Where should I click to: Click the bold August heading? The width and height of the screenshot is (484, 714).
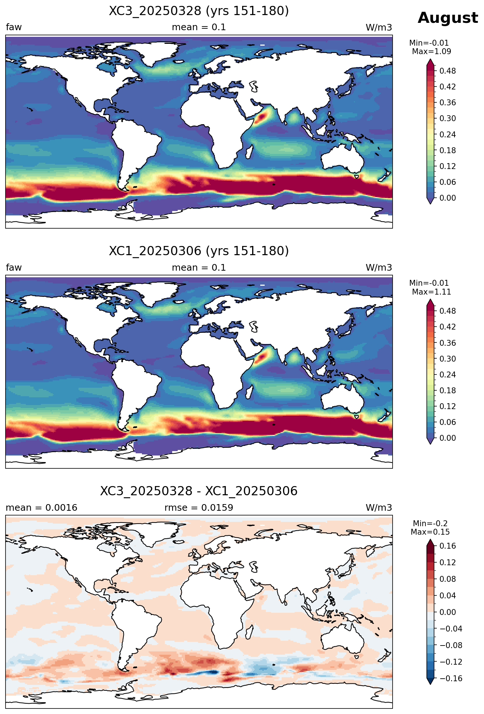[448, 18]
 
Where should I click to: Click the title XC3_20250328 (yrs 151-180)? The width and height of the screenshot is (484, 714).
[199, 11]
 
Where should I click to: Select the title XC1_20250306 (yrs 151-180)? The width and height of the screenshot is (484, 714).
[199, 251]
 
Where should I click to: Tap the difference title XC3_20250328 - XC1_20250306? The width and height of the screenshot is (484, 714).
[199, 491]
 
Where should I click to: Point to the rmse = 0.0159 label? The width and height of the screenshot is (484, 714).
[199, 508]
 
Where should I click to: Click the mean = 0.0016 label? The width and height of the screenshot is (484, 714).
[41, 508]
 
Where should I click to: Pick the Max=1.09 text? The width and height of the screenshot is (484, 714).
[431, 52]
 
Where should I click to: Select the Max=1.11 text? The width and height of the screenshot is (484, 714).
[431, 292]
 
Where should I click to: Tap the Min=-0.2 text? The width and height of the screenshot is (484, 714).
[430, 524]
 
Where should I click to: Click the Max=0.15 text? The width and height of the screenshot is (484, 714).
[430, 532]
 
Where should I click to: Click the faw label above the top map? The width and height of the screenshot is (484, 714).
[14, 27]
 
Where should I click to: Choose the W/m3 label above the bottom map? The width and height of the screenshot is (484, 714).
[379, 508]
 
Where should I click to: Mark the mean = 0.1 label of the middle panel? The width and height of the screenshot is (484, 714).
[199, 268]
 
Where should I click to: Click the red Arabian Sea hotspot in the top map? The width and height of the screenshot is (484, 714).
[262, 117]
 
